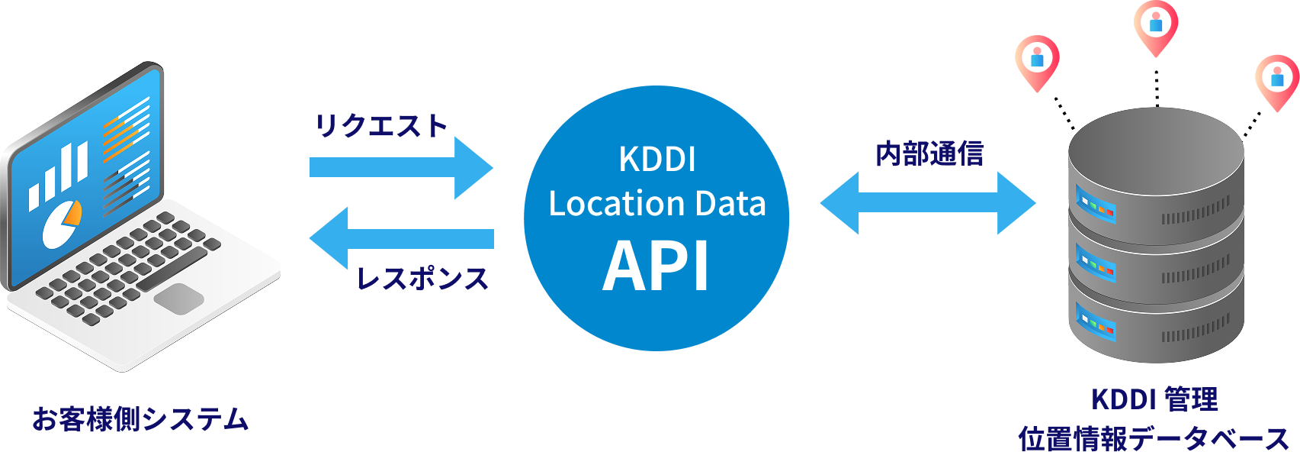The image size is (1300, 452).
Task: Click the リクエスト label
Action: click(382, 126)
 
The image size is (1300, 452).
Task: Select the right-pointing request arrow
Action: click(400, 167)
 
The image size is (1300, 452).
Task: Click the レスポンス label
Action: click(422, 278)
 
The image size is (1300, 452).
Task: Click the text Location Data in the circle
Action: click(656, 204)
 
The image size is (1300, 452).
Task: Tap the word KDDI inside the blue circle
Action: click(656, 160)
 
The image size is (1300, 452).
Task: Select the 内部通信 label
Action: click(929, 154)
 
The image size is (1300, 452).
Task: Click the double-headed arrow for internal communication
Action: click(928, 203)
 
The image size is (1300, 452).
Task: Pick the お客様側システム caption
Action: click(140, 419)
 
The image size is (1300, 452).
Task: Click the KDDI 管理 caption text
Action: click(1154, 399)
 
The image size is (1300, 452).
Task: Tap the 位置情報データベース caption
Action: click(1154, 437)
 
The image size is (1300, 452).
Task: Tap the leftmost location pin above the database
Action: click(1037, 60)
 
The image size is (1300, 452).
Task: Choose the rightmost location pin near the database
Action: click(1277, 79)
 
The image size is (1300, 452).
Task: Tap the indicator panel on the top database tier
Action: click(1096, 203)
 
